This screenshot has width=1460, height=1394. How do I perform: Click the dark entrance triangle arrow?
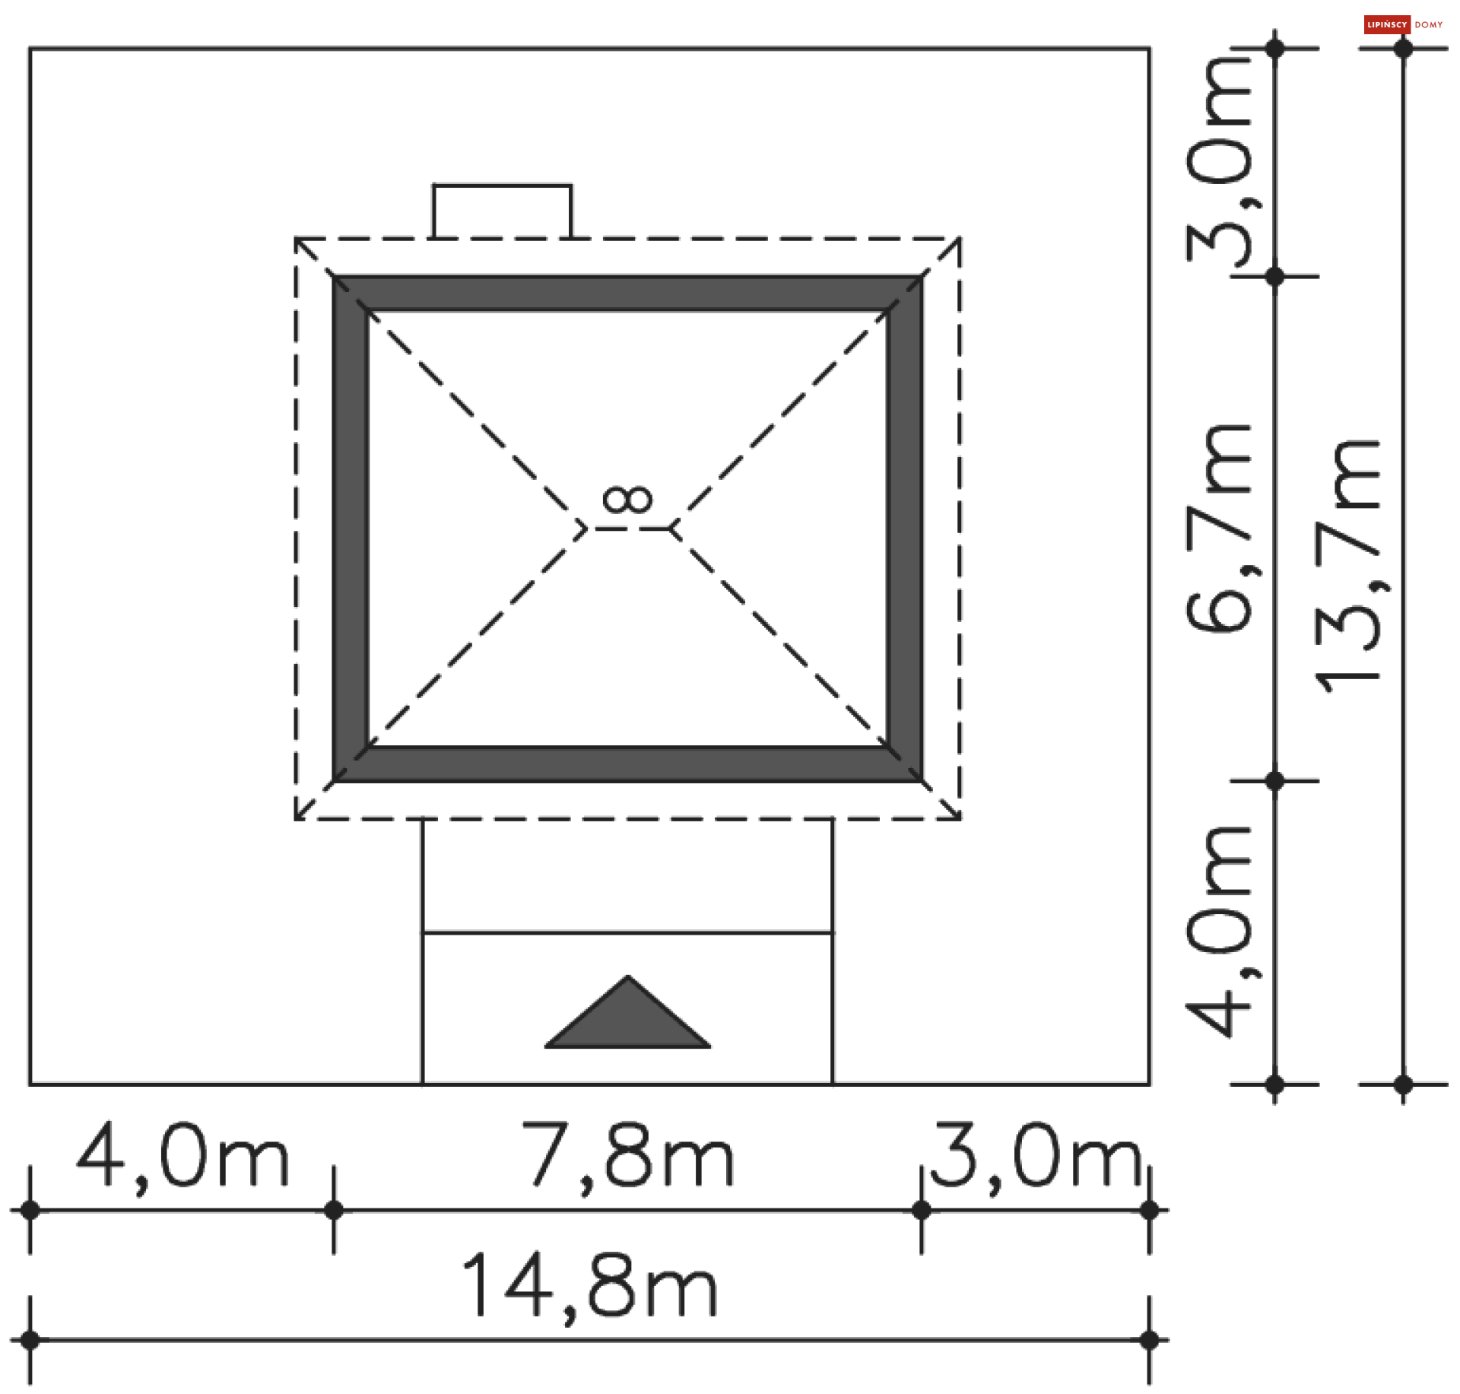tap(628, 1019)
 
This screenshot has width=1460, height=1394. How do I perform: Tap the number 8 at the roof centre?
tap(627, 500)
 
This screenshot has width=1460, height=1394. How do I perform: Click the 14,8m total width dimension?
tap(589, 1285)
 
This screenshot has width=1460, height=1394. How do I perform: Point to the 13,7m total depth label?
tap(1349, 567)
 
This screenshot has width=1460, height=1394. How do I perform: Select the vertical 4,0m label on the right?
tap(1220, 931)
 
